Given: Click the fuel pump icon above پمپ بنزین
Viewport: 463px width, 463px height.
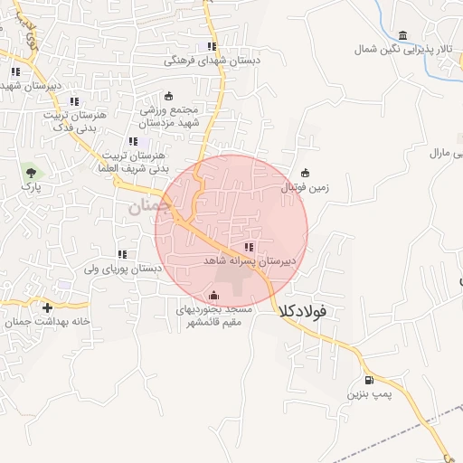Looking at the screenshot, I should [x=368, y=380].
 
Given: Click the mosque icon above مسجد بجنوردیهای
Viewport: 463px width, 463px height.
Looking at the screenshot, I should [x=213, y=295].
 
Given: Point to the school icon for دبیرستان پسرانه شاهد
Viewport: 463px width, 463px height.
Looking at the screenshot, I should [x=249, y=247].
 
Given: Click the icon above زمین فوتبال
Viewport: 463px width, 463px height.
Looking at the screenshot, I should [x=305, y=174].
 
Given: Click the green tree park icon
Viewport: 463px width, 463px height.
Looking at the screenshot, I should [x=32, y=170].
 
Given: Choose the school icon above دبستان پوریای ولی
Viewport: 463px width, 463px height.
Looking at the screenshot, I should [x=122, y=255].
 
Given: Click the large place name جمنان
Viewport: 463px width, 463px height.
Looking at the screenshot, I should [x=143, y=205].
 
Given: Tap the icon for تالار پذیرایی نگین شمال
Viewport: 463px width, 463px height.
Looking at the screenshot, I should [x=402, y=36].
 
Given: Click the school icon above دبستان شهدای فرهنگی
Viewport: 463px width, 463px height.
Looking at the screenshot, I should [x=212, y=47].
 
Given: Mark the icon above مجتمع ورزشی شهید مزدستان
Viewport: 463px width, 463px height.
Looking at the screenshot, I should [x=169, y=97].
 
